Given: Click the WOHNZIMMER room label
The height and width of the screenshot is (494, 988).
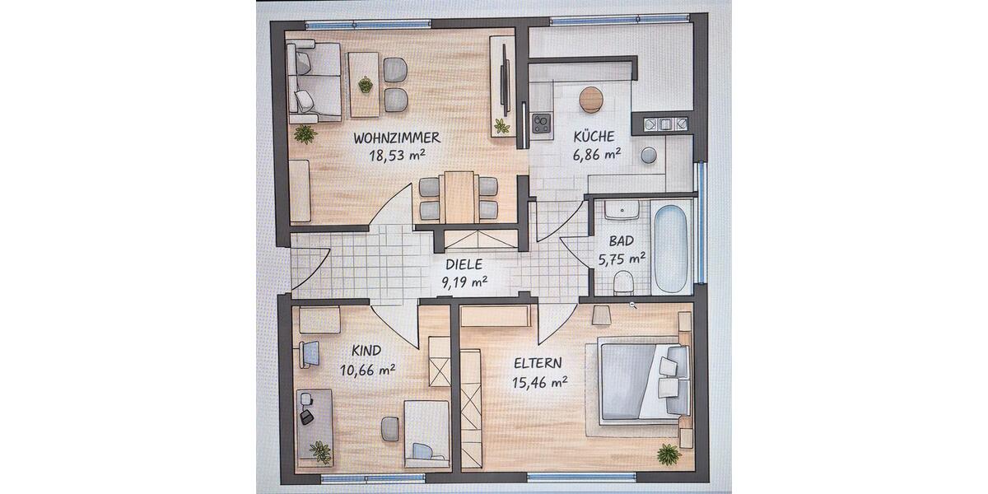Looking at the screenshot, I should [x=397, y=137].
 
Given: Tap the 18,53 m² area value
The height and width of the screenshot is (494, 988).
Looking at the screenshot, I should [x=397, y=154].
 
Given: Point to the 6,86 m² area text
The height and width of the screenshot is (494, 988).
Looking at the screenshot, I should [x=596, y=154].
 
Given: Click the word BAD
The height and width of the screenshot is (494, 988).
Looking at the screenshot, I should [x=621, y=242].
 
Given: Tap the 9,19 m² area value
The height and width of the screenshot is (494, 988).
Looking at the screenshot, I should [x=464, y=282].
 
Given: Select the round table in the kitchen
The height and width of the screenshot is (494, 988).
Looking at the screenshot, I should [x=591, y=100].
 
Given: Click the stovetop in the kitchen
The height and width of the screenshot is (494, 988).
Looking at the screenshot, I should [x=541, y=123].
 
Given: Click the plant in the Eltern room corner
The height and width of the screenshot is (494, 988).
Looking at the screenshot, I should [x=669, y=454].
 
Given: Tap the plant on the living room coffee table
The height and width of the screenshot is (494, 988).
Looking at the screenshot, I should [x=365, y=84].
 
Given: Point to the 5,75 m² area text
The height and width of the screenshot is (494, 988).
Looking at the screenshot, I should [x=622, y=259].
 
